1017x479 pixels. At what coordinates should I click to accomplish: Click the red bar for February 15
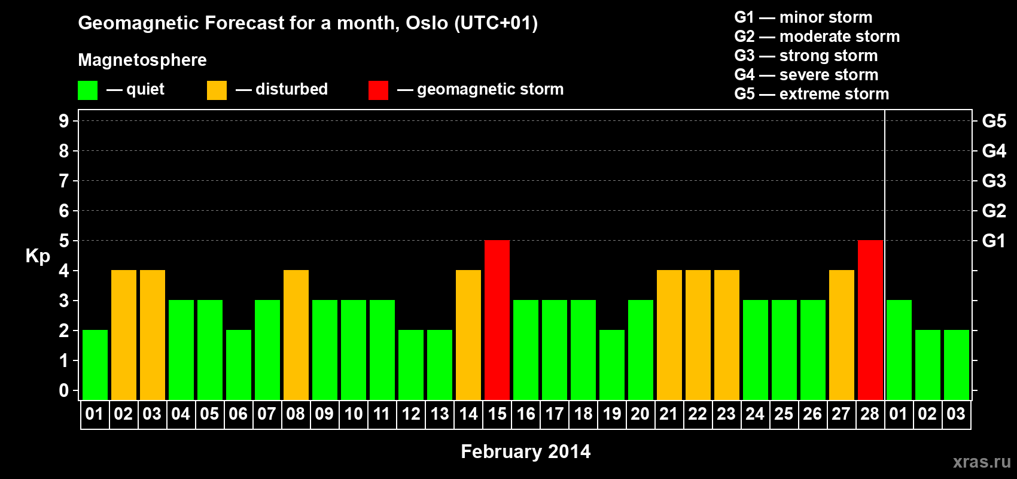pyautogui.click(x=497, y=320)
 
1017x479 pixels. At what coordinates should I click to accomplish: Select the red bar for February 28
pyautogui.click(x=870, y=320)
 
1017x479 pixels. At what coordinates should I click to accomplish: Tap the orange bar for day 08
pyautogui.click(x=296, y=335)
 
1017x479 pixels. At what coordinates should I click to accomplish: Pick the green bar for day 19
pyautogui.click(x=612, y=365)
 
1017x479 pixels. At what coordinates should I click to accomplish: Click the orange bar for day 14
pyautogui.click(x=468, y=335)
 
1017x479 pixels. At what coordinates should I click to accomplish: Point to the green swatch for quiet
pyautogui.click(x=87, y=90)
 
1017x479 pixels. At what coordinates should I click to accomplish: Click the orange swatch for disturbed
pyautogui.click(x=217, y=90)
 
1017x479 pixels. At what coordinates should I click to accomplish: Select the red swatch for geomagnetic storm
pyautogui.click(x=378, y=90)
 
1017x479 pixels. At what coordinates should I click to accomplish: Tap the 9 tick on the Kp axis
pyautogui.click(x=63, y=121)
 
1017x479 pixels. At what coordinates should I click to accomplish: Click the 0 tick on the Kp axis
pyautogui.click(x=63, y=390)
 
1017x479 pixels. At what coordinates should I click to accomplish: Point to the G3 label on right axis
pyautogui.click(x=994, y=181)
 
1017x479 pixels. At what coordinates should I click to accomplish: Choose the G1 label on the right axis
pyautogui.click(x=994, y=241)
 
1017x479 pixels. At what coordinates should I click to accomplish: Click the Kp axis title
pyautogui.click(x=38, y=256)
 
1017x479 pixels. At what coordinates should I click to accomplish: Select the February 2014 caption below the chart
pyautogui.click(x=526, y=451)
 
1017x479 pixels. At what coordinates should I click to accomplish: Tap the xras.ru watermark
pyautogui.click(x=982, y=462)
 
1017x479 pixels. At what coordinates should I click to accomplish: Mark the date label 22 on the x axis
pyautogui.click(x=698, y=414)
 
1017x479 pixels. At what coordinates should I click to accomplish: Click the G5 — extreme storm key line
pyautogui.click(x=812, y=94)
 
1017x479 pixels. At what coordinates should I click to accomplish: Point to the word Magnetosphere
pyautogui.click(x=142, y=60)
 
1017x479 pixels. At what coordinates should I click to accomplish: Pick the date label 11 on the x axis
pyautogui.click(x=382, y=414)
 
